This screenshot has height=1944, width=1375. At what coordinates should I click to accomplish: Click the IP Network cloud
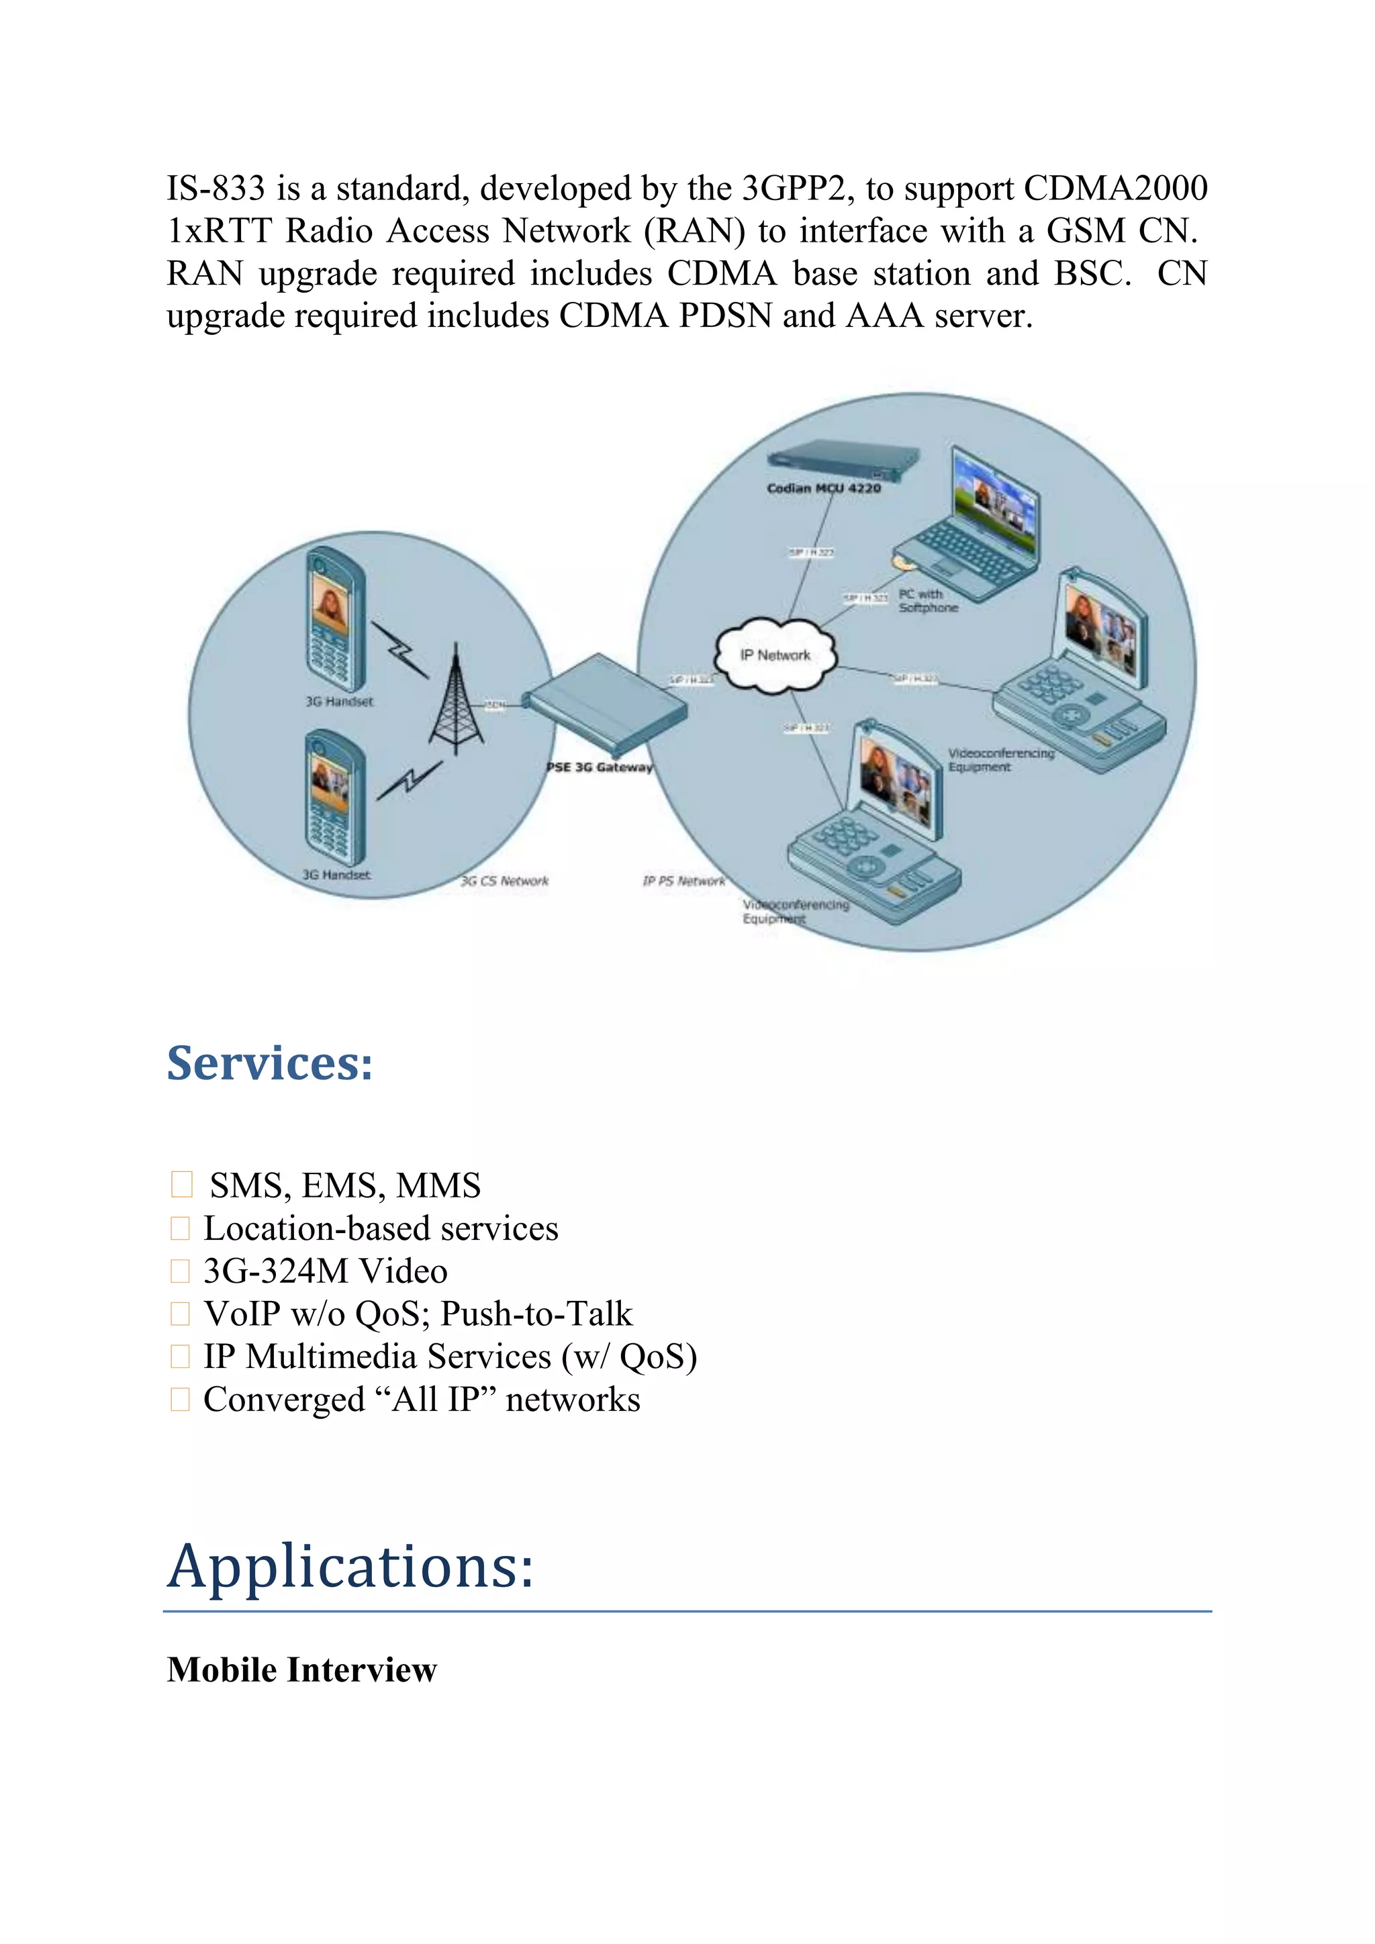coord(775,655)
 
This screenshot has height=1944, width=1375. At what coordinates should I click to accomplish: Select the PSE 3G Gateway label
coord(600,767)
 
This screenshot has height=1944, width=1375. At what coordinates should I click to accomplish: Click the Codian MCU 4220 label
coord(823,489)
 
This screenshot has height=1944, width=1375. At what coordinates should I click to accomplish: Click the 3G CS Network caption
coord(505,881)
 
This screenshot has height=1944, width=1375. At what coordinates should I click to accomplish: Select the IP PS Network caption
coord(683,881)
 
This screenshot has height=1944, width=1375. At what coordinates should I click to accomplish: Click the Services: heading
coord(269,1063)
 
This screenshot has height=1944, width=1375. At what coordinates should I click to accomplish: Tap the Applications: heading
coord(350,1566)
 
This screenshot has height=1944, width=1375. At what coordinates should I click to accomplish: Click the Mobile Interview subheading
coord(301,1669)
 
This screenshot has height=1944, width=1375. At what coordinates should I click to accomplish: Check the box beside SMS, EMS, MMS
coord(181,1185)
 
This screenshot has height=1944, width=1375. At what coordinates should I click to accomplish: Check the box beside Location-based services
coord(181,1228)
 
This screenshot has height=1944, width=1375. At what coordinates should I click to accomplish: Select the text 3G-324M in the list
coord(275,1271)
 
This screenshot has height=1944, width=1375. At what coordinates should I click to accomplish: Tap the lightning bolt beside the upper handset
coord(399,649)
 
